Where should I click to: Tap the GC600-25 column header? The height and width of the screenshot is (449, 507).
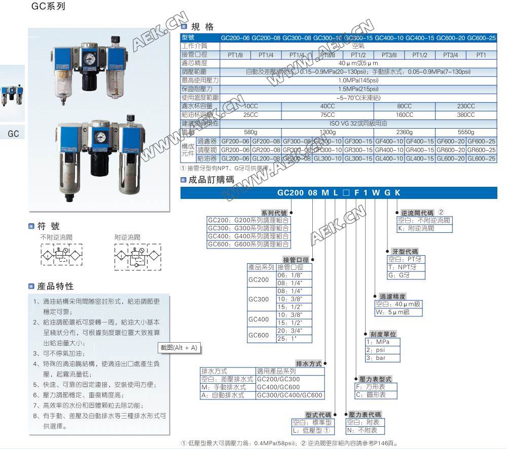pos(481,38)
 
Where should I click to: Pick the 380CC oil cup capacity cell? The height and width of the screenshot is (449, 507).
pos(465,114)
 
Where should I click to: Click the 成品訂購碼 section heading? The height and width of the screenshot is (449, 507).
pos(211,179)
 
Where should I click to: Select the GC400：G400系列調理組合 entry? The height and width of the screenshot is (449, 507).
pos(248,236)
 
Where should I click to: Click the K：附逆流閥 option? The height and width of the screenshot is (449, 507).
pos(417,228)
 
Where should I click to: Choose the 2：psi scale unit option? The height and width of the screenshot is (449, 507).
pos(376,350)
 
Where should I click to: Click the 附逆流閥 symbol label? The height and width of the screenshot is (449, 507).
pos(127,237)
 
